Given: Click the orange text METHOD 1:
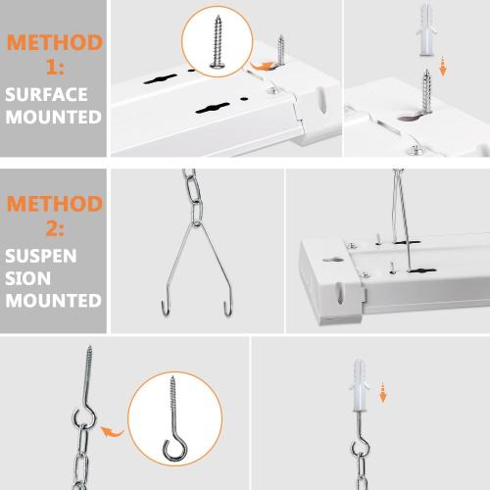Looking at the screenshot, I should (53, 55).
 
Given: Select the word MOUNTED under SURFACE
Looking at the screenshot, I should (53, 117).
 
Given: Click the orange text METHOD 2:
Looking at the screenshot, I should (53, 217).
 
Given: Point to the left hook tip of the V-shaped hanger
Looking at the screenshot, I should (161, 309).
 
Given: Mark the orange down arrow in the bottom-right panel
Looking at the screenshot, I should (383, 393).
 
